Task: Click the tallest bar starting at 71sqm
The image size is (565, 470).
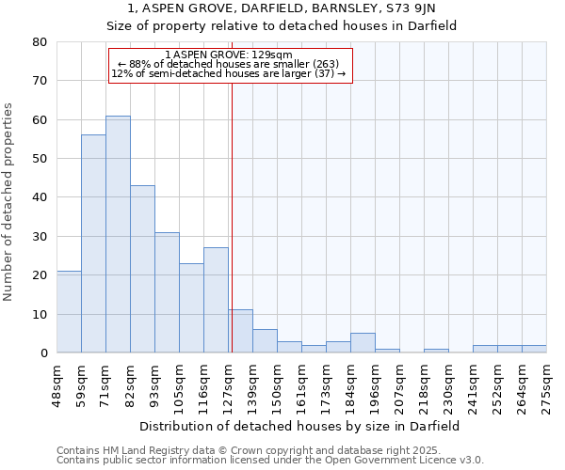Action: click(x=118, y=234)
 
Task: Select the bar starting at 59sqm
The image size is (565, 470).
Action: click(x=93, y=243)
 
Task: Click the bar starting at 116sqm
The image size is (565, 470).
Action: click(x=216, y=300)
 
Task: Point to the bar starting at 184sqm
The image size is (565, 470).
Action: click(x=363, y=343)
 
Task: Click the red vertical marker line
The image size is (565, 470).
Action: click(x=231, y=216)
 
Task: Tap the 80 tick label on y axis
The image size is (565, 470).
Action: click(x=39, y=42)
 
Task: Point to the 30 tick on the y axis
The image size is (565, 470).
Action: click(x=39, y=236)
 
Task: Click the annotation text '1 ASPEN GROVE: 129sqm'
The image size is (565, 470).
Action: click(x=229, y=55)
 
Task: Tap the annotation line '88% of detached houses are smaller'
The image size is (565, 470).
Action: click(x=229, y=64)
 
